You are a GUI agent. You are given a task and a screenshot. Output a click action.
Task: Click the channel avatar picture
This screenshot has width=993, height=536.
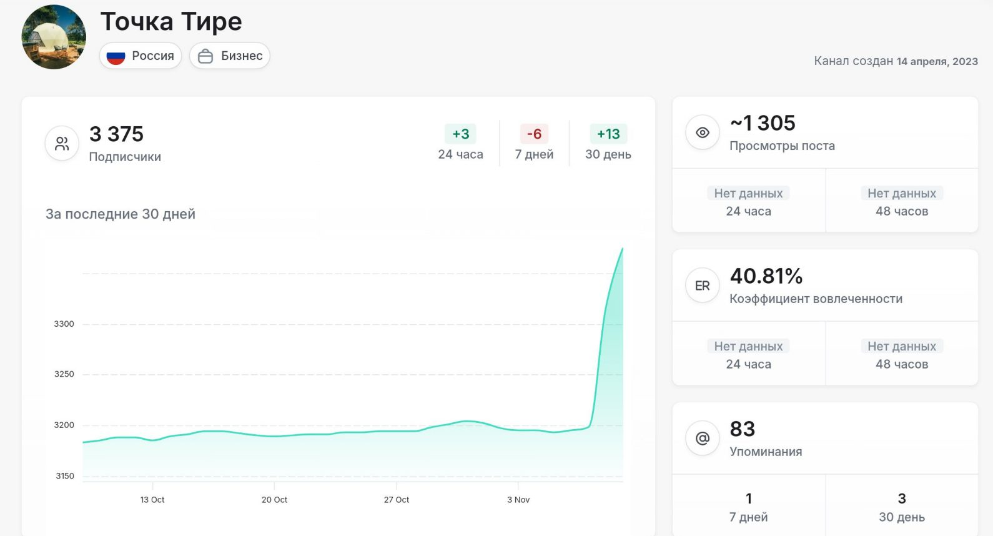pyautogui.click(x=54, y=37)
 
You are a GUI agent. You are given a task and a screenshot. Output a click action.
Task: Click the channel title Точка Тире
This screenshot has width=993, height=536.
pyautogui.click(x=171, y=22)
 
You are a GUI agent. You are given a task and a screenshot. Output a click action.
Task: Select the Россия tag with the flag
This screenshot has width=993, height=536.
pyautogui.click(x=141, y=56)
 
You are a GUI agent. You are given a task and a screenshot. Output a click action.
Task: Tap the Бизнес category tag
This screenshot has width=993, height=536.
pyautogui.click(x=230, y=56)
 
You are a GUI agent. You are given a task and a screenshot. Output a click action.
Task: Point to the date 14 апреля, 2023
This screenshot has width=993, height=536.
pyautogui.click(x=937, y=61)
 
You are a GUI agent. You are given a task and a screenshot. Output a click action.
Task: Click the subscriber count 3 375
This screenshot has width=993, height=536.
pyautogui.click(x=116, y=134)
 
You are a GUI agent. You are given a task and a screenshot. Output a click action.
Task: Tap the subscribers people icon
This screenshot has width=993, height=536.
pyautogui.click(x=62, y=144)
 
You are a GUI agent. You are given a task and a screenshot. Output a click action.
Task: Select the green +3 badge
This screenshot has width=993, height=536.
pyautogui.click(x=460, y=134)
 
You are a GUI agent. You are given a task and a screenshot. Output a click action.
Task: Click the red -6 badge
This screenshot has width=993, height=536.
pyautogui.click(x=534, y=134)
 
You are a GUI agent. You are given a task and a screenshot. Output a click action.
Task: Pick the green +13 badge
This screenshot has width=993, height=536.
pyautogui.click(x=608, y=134)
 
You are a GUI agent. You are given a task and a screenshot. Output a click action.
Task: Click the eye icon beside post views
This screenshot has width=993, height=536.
pyautogui.click(x=703, y=132)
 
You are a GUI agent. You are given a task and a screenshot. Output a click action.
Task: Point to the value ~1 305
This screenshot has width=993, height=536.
pyautogui.click(x=763, y=123)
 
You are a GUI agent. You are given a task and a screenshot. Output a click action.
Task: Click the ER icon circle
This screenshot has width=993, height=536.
pyautogui.click(x=703, y=285)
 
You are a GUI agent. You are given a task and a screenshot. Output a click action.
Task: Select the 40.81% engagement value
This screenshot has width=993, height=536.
pyautogui.click(x=766, y=276)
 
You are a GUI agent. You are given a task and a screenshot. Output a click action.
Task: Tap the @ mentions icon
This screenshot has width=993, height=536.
pyautogui.click(x=703, y=439)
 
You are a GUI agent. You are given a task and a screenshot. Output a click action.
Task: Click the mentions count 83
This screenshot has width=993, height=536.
pyautogui.click(x=743, y=429)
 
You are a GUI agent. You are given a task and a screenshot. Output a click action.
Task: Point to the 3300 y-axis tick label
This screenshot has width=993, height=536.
pyautogui.click(x=64, y=324)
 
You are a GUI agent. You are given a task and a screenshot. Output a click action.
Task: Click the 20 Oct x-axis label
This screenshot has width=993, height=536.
pyautogui.click(x=274, y=500)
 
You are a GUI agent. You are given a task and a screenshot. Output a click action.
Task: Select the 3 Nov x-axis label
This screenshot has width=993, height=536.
pyautogui.click(x=518, y=500)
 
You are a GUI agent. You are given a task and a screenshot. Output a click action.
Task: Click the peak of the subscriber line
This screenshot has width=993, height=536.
pyautogui.click(x=622, y=249)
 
